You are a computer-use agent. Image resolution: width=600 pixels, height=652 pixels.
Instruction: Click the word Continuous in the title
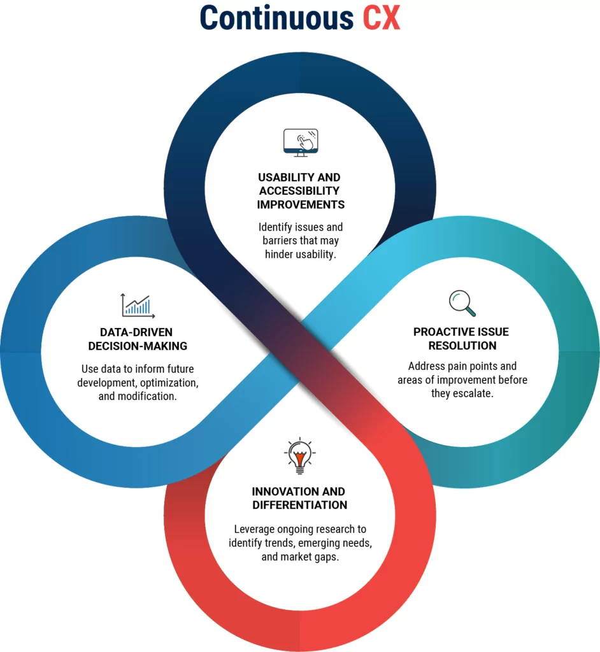coord(276,17)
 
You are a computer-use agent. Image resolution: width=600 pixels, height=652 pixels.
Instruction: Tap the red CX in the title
coord(382,17)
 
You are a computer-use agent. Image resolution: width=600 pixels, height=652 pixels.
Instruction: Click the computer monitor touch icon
coord(301,143)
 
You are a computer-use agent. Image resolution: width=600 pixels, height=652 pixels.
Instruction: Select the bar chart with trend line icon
coord(138,306)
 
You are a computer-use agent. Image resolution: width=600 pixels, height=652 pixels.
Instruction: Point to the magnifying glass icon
coord(462,303)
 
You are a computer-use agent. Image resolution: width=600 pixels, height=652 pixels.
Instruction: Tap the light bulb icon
coord(299,456)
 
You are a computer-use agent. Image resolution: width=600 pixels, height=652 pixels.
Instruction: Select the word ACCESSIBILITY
coord(299,191)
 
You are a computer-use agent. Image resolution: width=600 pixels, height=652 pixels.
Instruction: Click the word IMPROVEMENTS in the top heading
coord(301,204)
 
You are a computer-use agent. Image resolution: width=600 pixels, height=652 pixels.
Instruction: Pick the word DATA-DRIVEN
coord(136,332)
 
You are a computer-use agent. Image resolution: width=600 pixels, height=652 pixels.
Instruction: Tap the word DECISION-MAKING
coord(138,346)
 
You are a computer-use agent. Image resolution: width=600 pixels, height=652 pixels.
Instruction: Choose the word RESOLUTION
coord(462,346)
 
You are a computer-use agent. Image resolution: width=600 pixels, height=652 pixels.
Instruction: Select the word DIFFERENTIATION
coord(299,505)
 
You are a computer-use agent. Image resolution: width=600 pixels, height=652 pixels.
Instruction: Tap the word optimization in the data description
coord(169,383)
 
